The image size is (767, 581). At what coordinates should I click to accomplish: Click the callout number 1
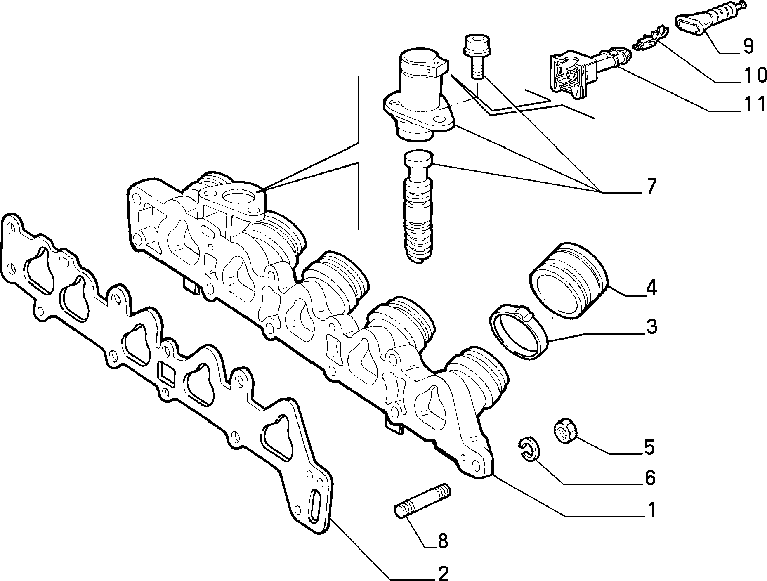pyautogui.click(x=651, y=510)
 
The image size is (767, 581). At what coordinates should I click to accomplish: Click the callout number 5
pyautogui.click(x=649, y=447)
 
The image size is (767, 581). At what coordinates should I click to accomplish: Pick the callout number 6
pyautogui.click(x=649, y=477)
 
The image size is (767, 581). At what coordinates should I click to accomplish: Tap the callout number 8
pyautogui.click(x=443, y=541)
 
